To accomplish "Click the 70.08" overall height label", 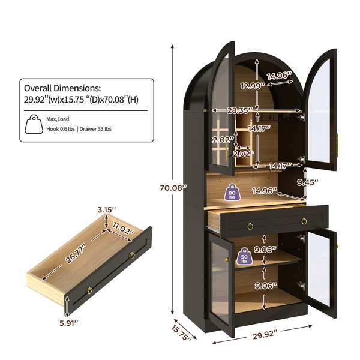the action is tap(172, 188).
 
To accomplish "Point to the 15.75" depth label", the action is tap(181, 332).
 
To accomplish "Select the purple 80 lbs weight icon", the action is tap(232, 192).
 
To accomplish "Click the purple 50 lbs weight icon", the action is tap(244, 256).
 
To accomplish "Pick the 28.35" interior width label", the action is tap(239, 110).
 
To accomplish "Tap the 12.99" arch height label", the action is tap(253, 86).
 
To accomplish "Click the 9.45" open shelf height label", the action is tap(308, 182).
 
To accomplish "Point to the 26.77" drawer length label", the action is tap(76, 254).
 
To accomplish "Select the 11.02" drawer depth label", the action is tap(123, 229).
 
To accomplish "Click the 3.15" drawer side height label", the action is tap(107, 209).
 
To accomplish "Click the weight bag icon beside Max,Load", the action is tap(34, 124).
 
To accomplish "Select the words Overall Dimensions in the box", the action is tap(62, 88).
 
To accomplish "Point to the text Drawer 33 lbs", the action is tap(95, 129).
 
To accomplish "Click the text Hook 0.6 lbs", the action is tap(61, 129).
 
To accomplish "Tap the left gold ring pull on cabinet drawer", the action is tap(250, 226).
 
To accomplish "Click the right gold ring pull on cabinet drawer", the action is tap(304, 221).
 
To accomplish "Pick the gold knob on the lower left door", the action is tap(227, 259).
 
